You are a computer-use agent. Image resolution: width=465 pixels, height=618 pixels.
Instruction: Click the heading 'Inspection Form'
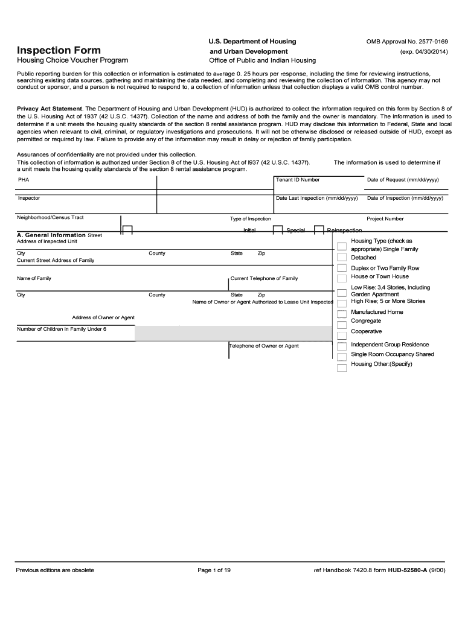point(59,49)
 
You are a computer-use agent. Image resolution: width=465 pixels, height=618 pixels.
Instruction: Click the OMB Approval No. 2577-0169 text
point(407,41)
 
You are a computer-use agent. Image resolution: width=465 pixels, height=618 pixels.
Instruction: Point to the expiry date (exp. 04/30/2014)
point(423,52)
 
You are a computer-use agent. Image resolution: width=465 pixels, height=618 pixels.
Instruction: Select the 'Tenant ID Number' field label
point(298,180)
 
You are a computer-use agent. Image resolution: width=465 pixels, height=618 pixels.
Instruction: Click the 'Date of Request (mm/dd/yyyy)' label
point(403,180)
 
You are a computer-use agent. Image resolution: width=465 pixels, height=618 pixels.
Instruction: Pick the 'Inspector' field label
point(29,198)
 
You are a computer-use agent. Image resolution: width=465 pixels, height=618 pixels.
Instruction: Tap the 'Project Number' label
point(385,219)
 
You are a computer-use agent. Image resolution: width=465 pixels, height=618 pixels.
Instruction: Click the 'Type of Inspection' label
point(250,219)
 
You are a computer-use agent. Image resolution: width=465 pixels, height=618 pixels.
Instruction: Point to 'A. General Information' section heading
point(51,235)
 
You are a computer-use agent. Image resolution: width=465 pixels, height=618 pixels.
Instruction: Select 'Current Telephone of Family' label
point(264,278)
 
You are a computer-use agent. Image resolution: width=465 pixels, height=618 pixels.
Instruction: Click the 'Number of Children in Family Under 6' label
point(62,329)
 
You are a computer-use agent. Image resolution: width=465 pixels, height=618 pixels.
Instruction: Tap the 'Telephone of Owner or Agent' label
point(264,346)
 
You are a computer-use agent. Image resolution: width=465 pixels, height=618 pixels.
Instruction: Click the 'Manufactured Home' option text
point(377,312)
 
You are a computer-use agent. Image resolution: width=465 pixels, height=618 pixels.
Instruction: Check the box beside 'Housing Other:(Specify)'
point(342,366)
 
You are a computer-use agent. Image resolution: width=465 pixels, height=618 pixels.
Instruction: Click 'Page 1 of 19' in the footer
point(214,570)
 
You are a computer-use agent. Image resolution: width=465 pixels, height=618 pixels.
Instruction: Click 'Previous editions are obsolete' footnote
point(55,570)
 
